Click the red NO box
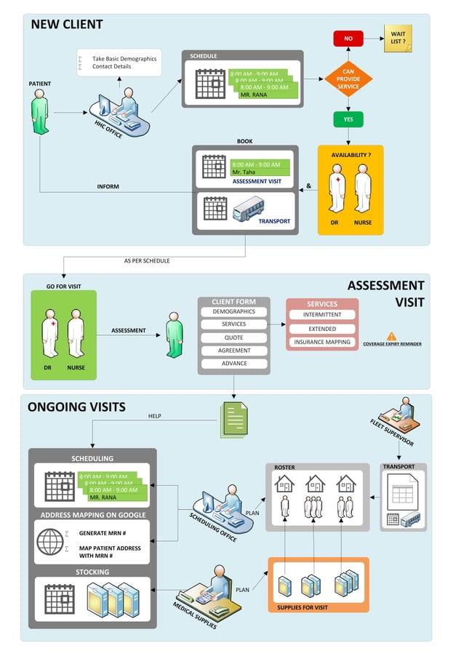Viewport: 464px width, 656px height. [x=348, y=39]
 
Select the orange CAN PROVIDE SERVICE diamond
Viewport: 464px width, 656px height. [x=348, y=79]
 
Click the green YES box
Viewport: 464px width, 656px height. [x=348, y=119]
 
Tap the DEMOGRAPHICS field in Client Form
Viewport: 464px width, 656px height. [x=233, y=311]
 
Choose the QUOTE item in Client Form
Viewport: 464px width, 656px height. [x=233, y=337]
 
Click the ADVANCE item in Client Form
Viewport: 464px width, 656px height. [x=233, y=363]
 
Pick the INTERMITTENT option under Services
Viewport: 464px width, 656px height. [x=321, y=315]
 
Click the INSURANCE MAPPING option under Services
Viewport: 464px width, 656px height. [x=321, y=342]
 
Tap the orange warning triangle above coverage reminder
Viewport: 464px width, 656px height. [x=391, y=336]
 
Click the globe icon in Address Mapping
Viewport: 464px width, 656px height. [x=51, y=542]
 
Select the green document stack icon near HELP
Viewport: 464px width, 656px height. [x=233, y=420]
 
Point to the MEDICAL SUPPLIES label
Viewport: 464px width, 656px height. [x=194, y=615]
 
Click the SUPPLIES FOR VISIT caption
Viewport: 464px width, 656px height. [x=303, y=607]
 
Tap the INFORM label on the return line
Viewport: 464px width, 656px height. [x=108, y=187]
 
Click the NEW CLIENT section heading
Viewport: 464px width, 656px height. [x=67, y=24]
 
